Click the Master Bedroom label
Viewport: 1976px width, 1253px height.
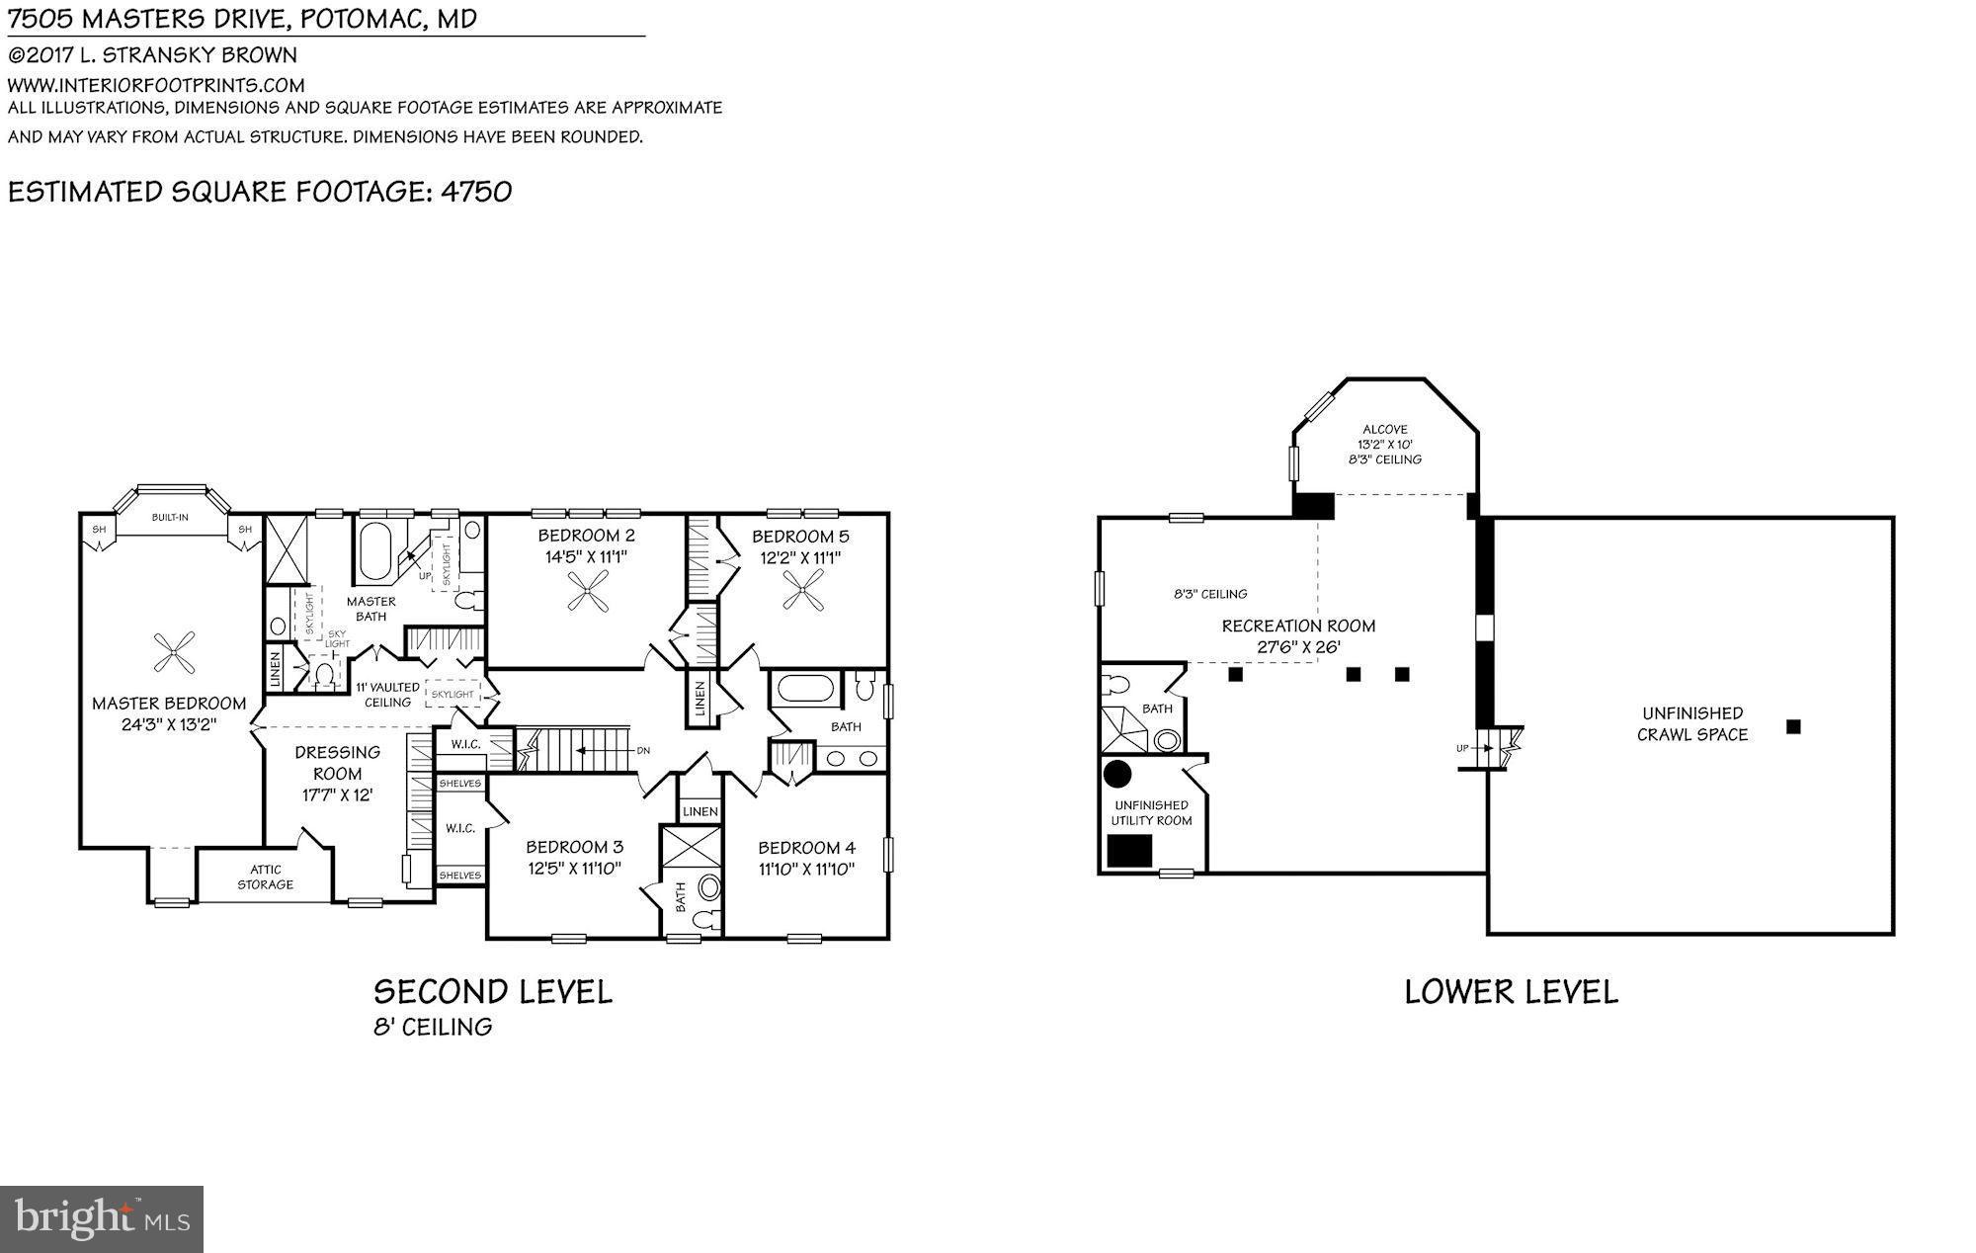point(169,704)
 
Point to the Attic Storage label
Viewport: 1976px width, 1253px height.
point(265,877)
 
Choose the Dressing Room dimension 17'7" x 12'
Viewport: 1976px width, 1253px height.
point(337,794)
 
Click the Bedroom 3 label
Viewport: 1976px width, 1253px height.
point(574,847)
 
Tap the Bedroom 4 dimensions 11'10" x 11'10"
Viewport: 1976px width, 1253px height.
point(806,870)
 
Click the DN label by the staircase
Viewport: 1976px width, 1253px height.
point(643,751)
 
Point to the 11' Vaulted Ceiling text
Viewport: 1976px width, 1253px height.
point(387,695)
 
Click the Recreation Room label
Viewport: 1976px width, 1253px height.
point(1298,626)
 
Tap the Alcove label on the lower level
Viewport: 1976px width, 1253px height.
point(1385,430)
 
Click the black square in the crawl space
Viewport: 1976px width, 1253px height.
point(1794,726)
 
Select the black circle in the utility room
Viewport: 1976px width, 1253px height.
point(1117,774)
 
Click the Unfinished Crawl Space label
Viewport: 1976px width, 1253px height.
point(1692,723)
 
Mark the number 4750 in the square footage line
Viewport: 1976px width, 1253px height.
point(476,192)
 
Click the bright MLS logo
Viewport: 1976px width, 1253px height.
point(102,1219)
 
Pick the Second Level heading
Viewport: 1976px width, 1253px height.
point(493,991)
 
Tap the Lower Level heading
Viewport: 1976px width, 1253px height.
point(1511,992)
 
